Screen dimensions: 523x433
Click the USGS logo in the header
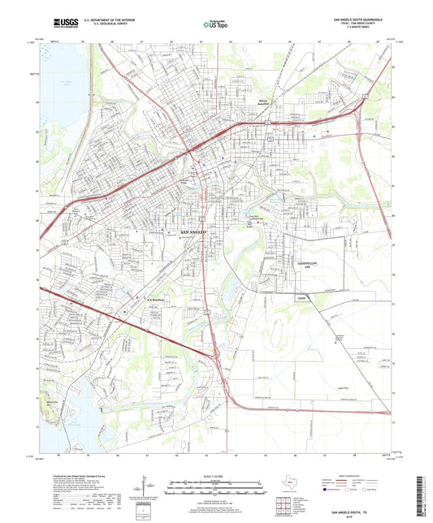pyautogui.click(x=62, y=27)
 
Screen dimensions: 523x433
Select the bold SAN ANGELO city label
pyautogui.click(x=193, y=233)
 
